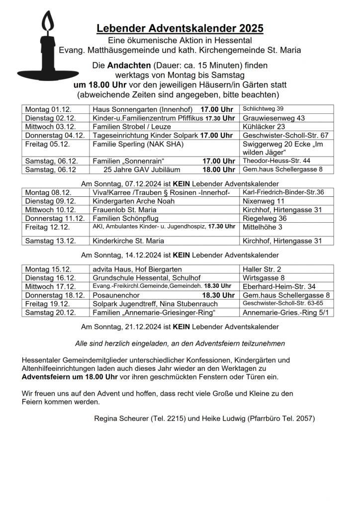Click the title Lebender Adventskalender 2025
tap(180, 28)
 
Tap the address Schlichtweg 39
tap(263, 109)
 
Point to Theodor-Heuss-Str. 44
tap(276, 161)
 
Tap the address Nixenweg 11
tap(264, 201)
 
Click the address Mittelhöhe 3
tap(263, 227)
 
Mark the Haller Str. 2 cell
tap(261, 269)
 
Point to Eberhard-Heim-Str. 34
tap(279, 286)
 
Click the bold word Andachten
tap(128, 66)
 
